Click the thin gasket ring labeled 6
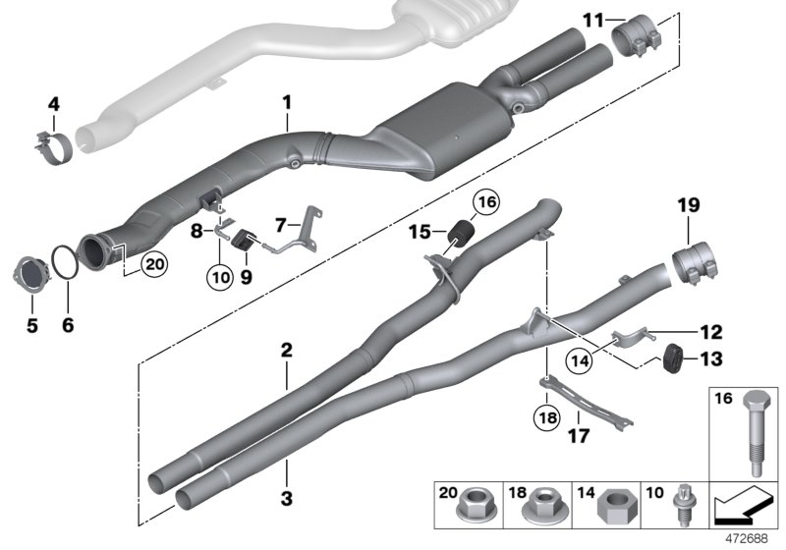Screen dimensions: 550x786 tap(65, 264)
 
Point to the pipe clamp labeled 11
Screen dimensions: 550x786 tap(639, 37)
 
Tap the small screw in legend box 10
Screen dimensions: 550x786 tap(680, 509)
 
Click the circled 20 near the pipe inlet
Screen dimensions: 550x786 tap(151, 263)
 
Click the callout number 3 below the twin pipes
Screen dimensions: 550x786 tap(286, 499)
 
